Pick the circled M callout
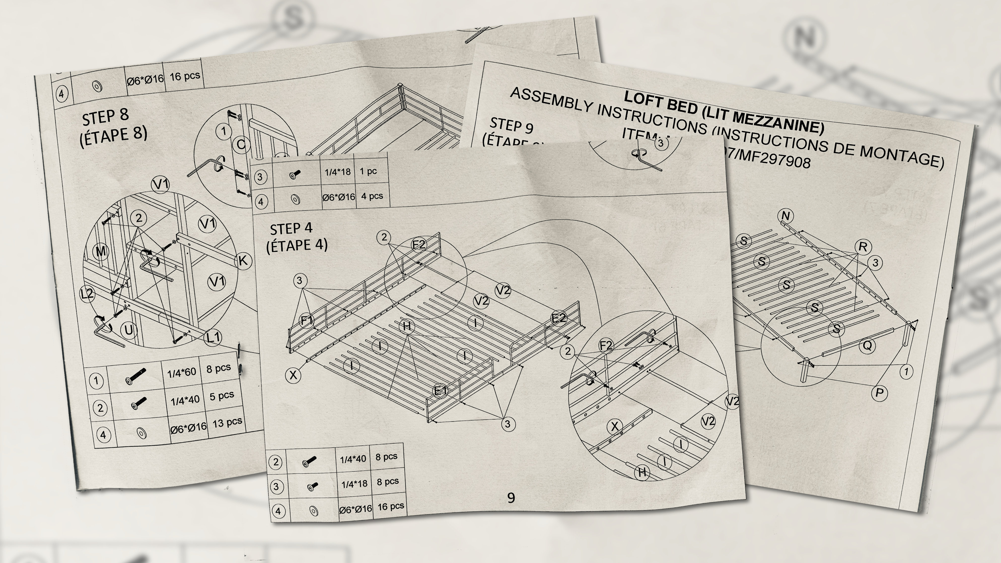(101, 251)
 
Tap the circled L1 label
(213, 337)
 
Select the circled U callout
(129, 330)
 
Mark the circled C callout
(241, 144)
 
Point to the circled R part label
(863, 247)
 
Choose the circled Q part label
(867, 345)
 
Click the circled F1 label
(307, 320)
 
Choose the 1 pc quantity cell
(368, 171)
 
